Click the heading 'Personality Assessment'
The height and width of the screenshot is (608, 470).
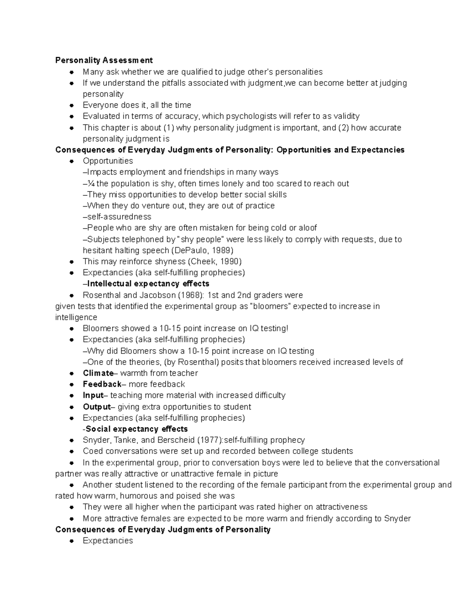tap(104, 60)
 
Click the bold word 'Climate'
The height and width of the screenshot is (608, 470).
tap(98, 373)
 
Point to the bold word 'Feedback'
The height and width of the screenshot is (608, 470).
tap(102, 384)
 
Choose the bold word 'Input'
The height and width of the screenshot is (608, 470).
tap(93, 395)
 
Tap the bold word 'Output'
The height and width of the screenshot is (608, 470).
tap(96, 407)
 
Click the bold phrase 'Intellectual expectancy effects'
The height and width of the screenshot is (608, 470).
tap(148, 284)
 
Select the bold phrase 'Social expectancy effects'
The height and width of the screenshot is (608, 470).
tap(137, 429)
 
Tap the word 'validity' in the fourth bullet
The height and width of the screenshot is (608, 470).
tap(346, 116)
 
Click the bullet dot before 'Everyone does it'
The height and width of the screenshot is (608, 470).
tap(72, 105)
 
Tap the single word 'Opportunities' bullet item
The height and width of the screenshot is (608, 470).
tap(108, 161)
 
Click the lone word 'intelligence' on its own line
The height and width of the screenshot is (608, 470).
tap(76, 317)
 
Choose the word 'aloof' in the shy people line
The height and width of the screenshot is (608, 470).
tap(307, 228)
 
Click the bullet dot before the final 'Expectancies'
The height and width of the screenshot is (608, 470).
tap(72, 541)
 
